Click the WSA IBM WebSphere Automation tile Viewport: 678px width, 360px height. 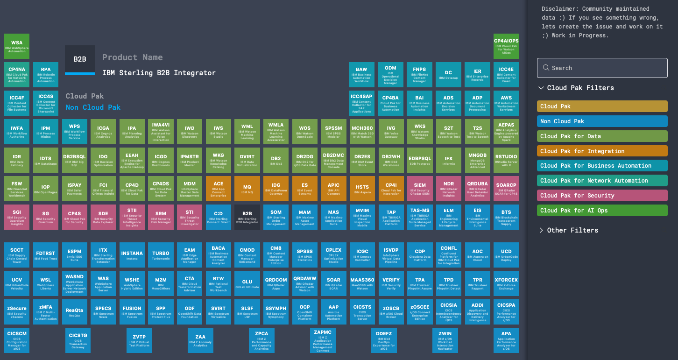pyautogui.click(x=17, y=46)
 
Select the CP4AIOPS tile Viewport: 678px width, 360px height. pyautogui.click(x=506, y=46)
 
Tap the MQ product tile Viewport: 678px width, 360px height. pyautogui.click(x=247, y=189)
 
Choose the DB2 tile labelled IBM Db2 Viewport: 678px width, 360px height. pyautogui.click(x=276, y=160)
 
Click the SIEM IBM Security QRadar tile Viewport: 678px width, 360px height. pyautogui.click(x=420, y=189)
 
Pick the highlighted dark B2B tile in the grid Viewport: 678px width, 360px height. pyautogui.click(x=247, y=217)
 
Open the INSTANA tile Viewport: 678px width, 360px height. pyautogui.click(x=132, y=255)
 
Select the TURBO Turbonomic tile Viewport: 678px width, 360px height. pyautogui.click(x=161, y=255)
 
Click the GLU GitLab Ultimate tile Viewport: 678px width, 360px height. pyautogui.click(x=247, y=283)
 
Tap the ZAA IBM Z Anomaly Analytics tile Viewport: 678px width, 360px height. pyautogui.click(x=200, y=340)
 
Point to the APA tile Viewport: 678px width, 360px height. pyautogui.click(x=506, y=340)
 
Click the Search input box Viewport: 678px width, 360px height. pyautogui.click(x=602, y=68)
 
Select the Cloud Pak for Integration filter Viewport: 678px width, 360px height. pyautogui.click(x=602, y=151)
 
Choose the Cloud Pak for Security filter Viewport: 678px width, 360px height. pyautogui.click(x=602, y=195)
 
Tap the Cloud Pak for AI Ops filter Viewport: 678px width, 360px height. pyautogui.click(x=602, y=210)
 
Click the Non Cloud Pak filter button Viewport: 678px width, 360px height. pyautogui.click(x=602, y=121)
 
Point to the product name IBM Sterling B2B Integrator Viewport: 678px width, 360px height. pyautogui.click(x=159, y=72)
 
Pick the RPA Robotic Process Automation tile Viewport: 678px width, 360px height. pyautogui.click(x=46, y=75)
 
